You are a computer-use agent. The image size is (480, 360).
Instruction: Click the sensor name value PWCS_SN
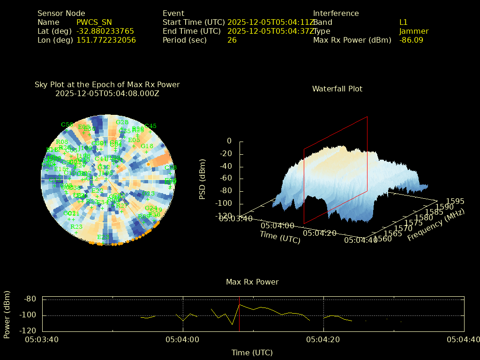94,22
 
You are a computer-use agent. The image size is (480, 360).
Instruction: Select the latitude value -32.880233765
105,31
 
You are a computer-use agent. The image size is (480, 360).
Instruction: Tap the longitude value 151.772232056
106,40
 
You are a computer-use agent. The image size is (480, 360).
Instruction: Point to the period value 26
232,40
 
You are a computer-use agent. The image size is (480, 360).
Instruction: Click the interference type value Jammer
414,31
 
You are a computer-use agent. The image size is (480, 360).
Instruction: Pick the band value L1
404,22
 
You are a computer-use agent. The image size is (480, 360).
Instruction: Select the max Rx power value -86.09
411,40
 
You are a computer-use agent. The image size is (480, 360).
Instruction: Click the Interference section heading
336,13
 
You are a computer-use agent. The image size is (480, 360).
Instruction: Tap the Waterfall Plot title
337,89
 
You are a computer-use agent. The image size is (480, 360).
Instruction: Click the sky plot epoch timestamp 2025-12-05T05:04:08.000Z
107,93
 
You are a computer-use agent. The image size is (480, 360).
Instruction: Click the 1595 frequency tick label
456,201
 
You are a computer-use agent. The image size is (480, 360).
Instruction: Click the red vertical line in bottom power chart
239,314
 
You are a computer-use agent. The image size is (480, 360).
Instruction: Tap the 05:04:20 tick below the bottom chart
323,339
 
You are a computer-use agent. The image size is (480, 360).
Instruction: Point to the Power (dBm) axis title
7,314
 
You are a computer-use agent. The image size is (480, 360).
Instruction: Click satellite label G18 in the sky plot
147,146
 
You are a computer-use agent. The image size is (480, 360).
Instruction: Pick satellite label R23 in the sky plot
76,227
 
